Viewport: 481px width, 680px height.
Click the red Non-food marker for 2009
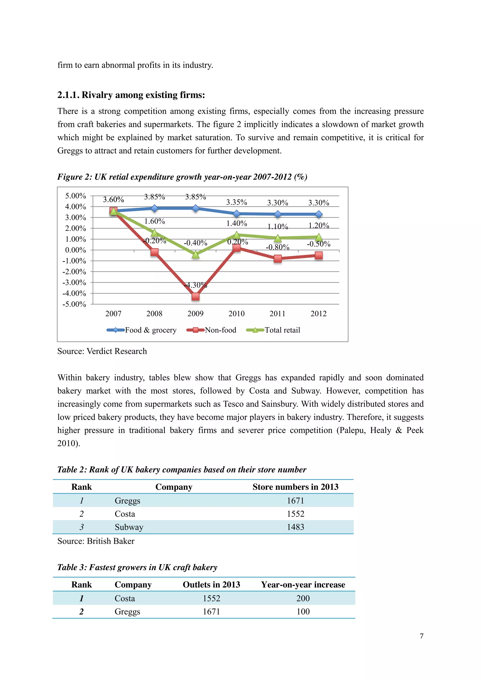(195, 296)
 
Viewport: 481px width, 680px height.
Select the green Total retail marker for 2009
(195, 254)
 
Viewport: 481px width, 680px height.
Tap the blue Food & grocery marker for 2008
(154, 208)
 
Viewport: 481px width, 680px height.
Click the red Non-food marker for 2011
(277, 259)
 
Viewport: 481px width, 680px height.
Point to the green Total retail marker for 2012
(319, 237)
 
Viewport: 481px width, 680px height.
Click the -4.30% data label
(195, 285)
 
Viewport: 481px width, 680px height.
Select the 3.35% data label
(236, 202)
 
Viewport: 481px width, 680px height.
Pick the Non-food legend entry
(220, 330)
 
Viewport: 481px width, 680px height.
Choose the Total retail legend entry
(282, 330)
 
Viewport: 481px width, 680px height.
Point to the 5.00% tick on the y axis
(76, 196)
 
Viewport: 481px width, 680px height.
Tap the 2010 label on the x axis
(236, 314)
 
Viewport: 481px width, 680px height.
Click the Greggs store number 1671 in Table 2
(295, 500)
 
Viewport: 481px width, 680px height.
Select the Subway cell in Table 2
(129, 527)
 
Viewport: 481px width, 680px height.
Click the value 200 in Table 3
(303, 598)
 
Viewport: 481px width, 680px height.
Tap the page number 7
(421, 636)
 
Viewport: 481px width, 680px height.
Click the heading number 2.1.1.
(68, 95)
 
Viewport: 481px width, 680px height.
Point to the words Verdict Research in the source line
(116, 351)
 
